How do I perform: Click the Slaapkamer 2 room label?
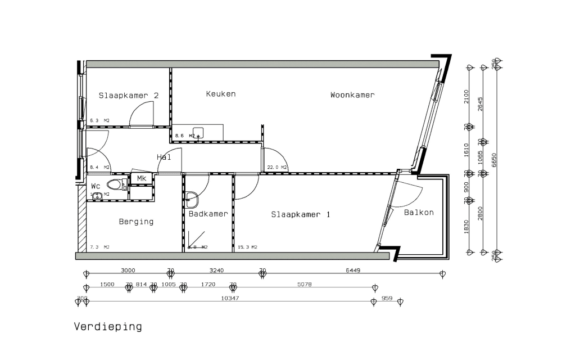click(128, 96)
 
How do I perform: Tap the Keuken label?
click(220, 94)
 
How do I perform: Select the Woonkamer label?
click(352, 95)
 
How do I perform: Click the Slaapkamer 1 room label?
click(301, 214)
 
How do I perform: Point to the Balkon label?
click(419, 212)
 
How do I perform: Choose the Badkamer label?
click(208, 214)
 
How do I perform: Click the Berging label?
click(136, 222)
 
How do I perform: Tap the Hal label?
click(164, 157)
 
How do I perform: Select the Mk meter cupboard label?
click(141, 179)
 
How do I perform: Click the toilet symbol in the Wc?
click(115, 184)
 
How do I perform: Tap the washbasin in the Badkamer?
click(192, 197)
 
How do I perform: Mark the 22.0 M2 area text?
click(277, 168)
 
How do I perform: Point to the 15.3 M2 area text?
click(247, 247)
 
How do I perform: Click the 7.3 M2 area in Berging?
click(99, 247)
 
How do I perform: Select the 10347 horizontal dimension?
click(230, 298)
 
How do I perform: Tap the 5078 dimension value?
click(304, 285)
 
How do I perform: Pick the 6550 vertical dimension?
click(495, 159)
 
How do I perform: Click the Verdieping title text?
click(108, 326)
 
